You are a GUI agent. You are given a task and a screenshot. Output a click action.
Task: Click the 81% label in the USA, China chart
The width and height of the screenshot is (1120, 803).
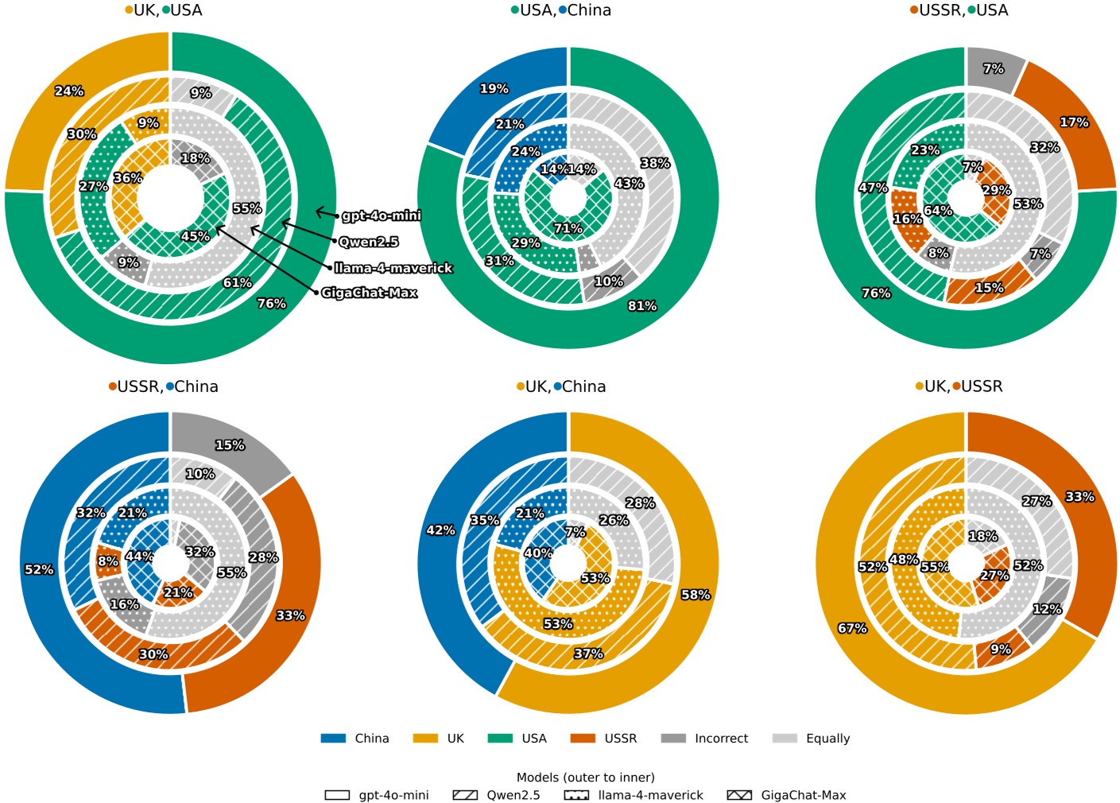click(x=642, y=306)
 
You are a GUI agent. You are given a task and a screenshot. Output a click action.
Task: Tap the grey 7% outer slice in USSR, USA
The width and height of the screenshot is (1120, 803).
click(x=994, y=69)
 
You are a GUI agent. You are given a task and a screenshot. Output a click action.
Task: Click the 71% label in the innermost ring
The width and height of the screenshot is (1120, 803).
click(x=568, y=229)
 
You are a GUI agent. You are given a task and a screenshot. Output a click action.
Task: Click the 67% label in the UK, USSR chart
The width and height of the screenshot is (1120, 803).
click(x=852, y=628)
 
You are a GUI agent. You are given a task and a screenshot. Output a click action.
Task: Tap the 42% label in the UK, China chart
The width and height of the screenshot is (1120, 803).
click(x=441, y=530)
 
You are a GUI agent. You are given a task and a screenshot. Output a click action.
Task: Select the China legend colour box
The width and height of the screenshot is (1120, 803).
click(x=333, y=739)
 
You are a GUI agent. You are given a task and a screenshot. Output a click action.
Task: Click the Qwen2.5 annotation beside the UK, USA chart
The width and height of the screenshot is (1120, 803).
click(x=369, y=242)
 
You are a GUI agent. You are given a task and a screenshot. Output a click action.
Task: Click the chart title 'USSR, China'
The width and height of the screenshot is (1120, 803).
click(x=164, y=386)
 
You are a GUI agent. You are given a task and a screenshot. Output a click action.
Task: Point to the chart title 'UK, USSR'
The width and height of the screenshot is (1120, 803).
click(x=959, y=386)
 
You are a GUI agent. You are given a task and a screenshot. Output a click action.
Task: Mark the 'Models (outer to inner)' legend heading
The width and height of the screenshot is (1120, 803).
click(x=586, y=778)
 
